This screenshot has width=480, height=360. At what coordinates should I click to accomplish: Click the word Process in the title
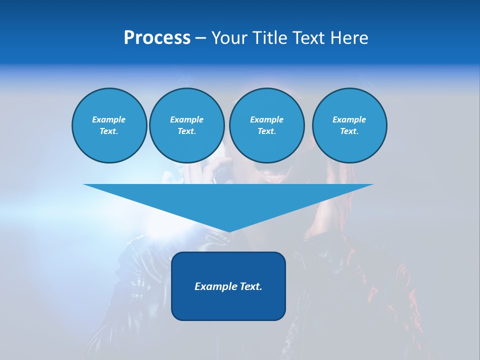[x=157, y=38]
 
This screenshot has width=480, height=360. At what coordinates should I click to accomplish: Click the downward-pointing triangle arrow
[x=228, y=200]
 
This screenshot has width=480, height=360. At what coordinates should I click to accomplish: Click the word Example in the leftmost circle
[x=109, y=119]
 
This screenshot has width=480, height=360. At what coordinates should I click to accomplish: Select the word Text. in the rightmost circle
[x=349, y=131]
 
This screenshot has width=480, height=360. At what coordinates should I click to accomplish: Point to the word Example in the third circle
[x=266, y=119]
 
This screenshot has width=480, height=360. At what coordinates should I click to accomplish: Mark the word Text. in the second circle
[x=186, y=131]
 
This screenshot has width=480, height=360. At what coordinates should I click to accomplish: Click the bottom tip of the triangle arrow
[x=228, y=230]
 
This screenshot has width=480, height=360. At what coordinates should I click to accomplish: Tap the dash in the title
[x=200, y=38]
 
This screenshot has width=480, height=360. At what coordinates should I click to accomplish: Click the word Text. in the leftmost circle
[x=109, y=131]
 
